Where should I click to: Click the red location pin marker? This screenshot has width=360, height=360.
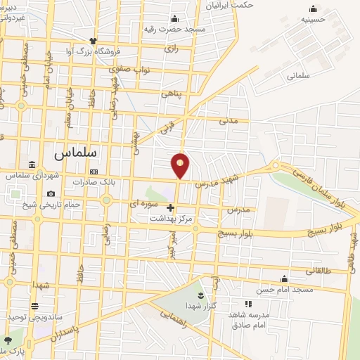coord(181,165)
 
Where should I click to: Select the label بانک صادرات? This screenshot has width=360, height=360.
coord(98,181)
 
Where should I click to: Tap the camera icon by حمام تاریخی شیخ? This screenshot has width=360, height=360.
coord(51,194)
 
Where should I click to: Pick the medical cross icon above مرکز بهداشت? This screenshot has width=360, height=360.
coord(171,207)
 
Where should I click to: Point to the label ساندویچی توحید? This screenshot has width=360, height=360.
coord(30,317)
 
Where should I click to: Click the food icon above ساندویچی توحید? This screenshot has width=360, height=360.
coord(34,306)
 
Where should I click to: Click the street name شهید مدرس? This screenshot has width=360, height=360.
coord(217,176)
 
